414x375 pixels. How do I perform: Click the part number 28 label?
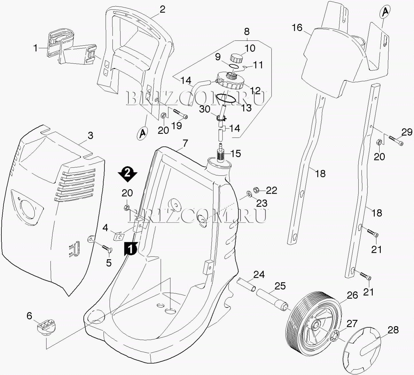(x=393, y=330)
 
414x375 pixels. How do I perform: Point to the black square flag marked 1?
(x=130, y=248)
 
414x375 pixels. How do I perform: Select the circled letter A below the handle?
(x=142, y=133)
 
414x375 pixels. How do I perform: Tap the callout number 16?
(x=297, y=28)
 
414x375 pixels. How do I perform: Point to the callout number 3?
(x=90, y=135)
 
